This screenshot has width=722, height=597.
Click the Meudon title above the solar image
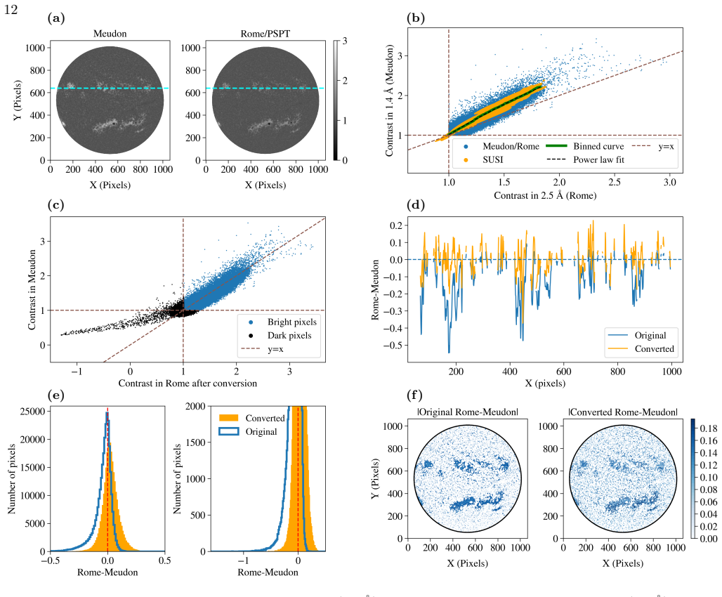tap(110, 34)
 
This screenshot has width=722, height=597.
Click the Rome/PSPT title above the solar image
tap(265, 34)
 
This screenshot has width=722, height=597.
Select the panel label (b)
tap(416, 18)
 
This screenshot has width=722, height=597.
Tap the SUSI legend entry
tap(483, 159)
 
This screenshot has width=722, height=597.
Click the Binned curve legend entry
tap(585, 146)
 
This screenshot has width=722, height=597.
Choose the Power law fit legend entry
tap(585, 159)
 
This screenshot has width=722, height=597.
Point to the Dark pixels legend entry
tap(280, 335)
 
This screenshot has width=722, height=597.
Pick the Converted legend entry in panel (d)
tap(641, 348)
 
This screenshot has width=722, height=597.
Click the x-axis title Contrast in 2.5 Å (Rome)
tap(545, 195)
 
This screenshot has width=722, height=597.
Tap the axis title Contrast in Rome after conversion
tap(188, 383)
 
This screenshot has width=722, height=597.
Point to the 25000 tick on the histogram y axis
tap(33, 411)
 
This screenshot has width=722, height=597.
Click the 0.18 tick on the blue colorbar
tap(708, 428)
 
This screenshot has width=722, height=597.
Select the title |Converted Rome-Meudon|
tap(623, 412)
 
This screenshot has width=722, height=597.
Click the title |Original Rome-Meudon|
tap(468, 412)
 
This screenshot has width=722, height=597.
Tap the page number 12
tap(11, 10)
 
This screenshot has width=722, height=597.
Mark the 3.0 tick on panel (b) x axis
tap(669, 182)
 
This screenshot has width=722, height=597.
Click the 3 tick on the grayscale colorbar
tap(344, 41)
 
